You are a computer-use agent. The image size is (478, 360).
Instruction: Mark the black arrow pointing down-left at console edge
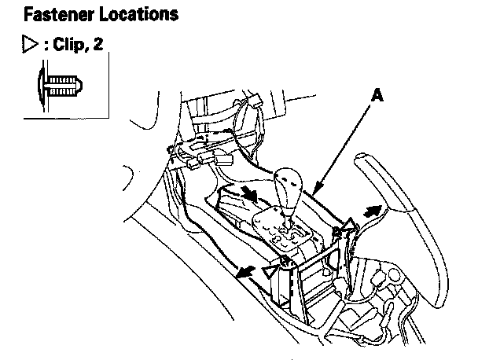click(x=246, y=272)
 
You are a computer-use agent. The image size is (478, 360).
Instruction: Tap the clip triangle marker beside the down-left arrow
click(x=272, y=270)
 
